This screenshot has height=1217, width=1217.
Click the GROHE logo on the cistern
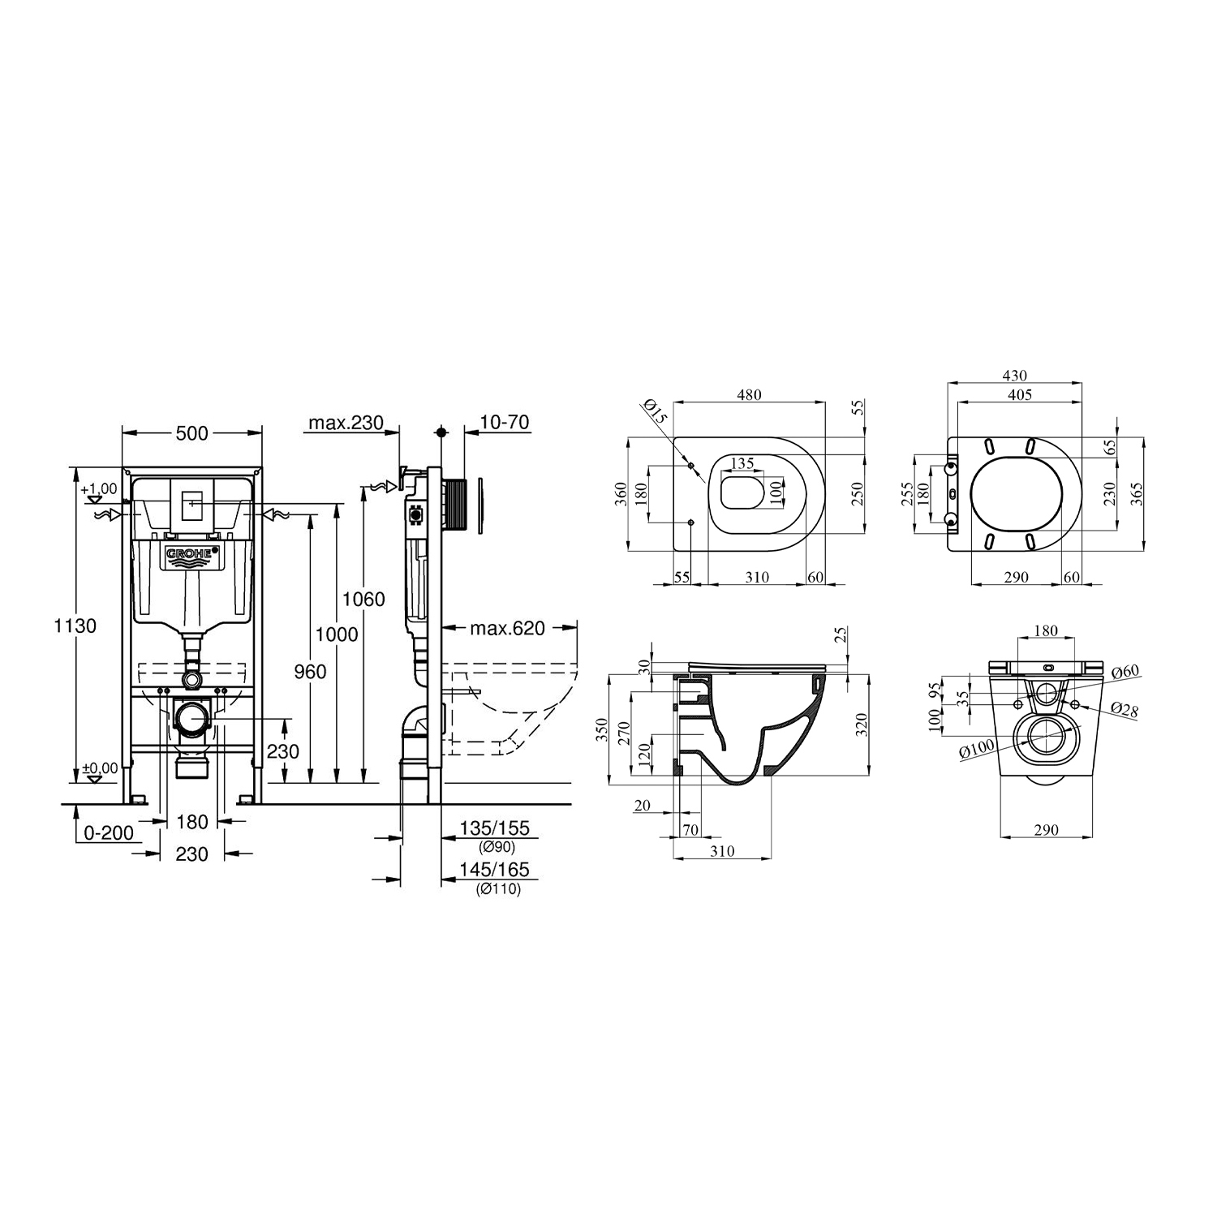192,555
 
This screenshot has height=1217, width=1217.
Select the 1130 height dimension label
75,626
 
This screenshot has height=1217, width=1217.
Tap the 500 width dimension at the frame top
192,434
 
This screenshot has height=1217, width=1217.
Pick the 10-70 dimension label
504,423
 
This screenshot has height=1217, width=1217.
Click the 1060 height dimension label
363,600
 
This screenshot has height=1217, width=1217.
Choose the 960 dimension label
309,671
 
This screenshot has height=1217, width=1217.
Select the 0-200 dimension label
110,833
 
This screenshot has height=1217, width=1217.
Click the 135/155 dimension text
494,828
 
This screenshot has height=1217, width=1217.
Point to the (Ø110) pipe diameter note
499,889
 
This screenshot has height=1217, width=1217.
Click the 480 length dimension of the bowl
749,395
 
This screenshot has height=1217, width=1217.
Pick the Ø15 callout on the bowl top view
657,411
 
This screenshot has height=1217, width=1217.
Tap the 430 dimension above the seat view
1014,376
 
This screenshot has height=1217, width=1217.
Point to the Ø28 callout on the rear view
1124,710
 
